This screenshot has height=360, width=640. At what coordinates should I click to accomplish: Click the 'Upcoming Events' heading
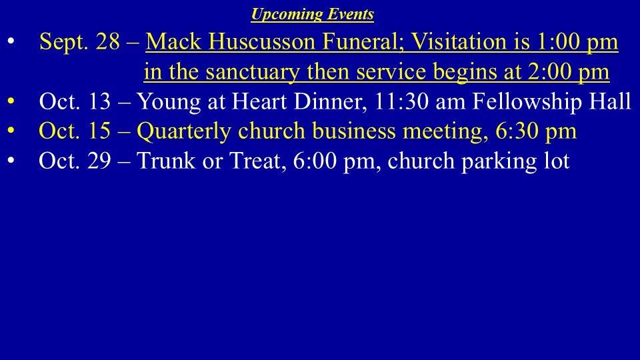click(312, 14)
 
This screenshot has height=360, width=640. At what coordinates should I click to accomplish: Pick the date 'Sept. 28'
click(79, 41)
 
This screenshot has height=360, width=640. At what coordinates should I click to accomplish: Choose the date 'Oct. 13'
click(75, 101)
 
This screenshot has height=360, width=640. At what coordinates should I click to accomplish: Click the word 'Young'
click(169, 102)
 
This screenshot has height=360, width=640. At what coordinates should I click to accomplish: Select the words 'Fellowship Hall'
click(552, 101)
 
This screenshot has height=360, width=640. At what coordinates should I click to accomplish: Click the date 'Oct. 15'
click(75, 131)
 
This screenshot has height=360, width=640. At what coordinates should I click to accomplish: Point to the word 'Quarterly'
click(184, 131)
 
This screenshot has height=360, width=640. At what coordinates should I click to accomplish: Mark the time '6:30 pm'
click(536, 131)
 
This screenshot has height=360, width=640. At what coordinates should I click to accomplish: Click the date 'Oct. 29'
click(75, 161)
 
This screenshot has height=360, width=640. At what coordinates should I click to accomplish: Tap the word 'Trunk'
click(166, 161)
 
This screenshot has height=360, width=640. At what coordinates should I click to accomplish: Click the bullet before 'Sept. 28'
click(11, 41)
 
